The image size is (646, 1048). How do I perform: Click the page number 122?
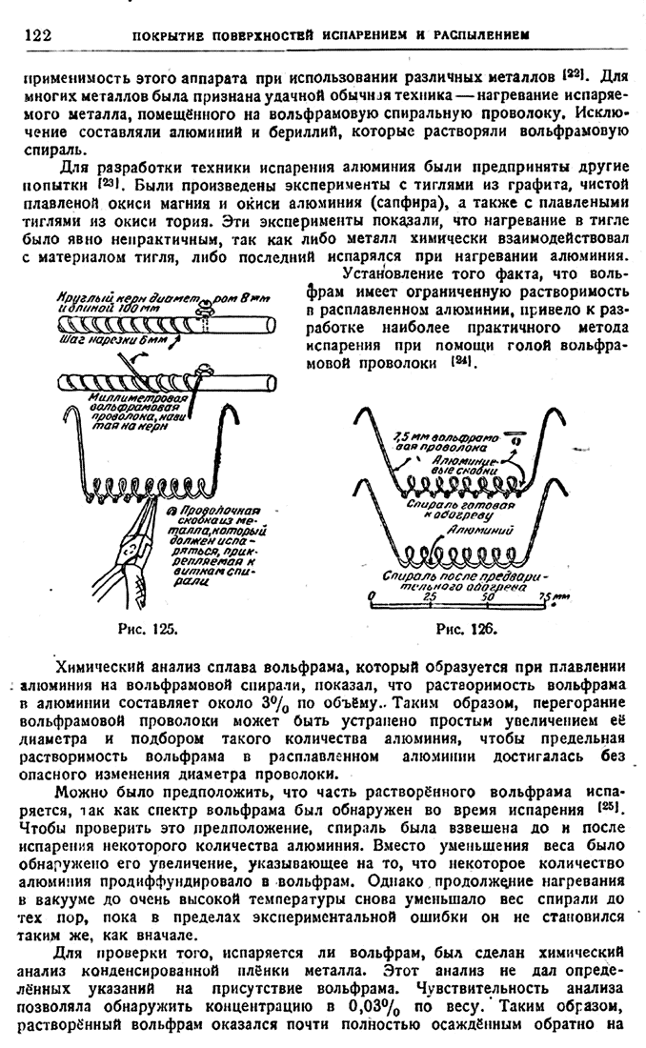click(x=35, y=35)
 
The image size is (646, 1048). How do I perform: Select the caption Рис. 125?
click(x=131, y=629)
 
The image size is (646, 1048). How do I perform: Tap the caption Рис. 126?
click(x=465, y=629)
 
